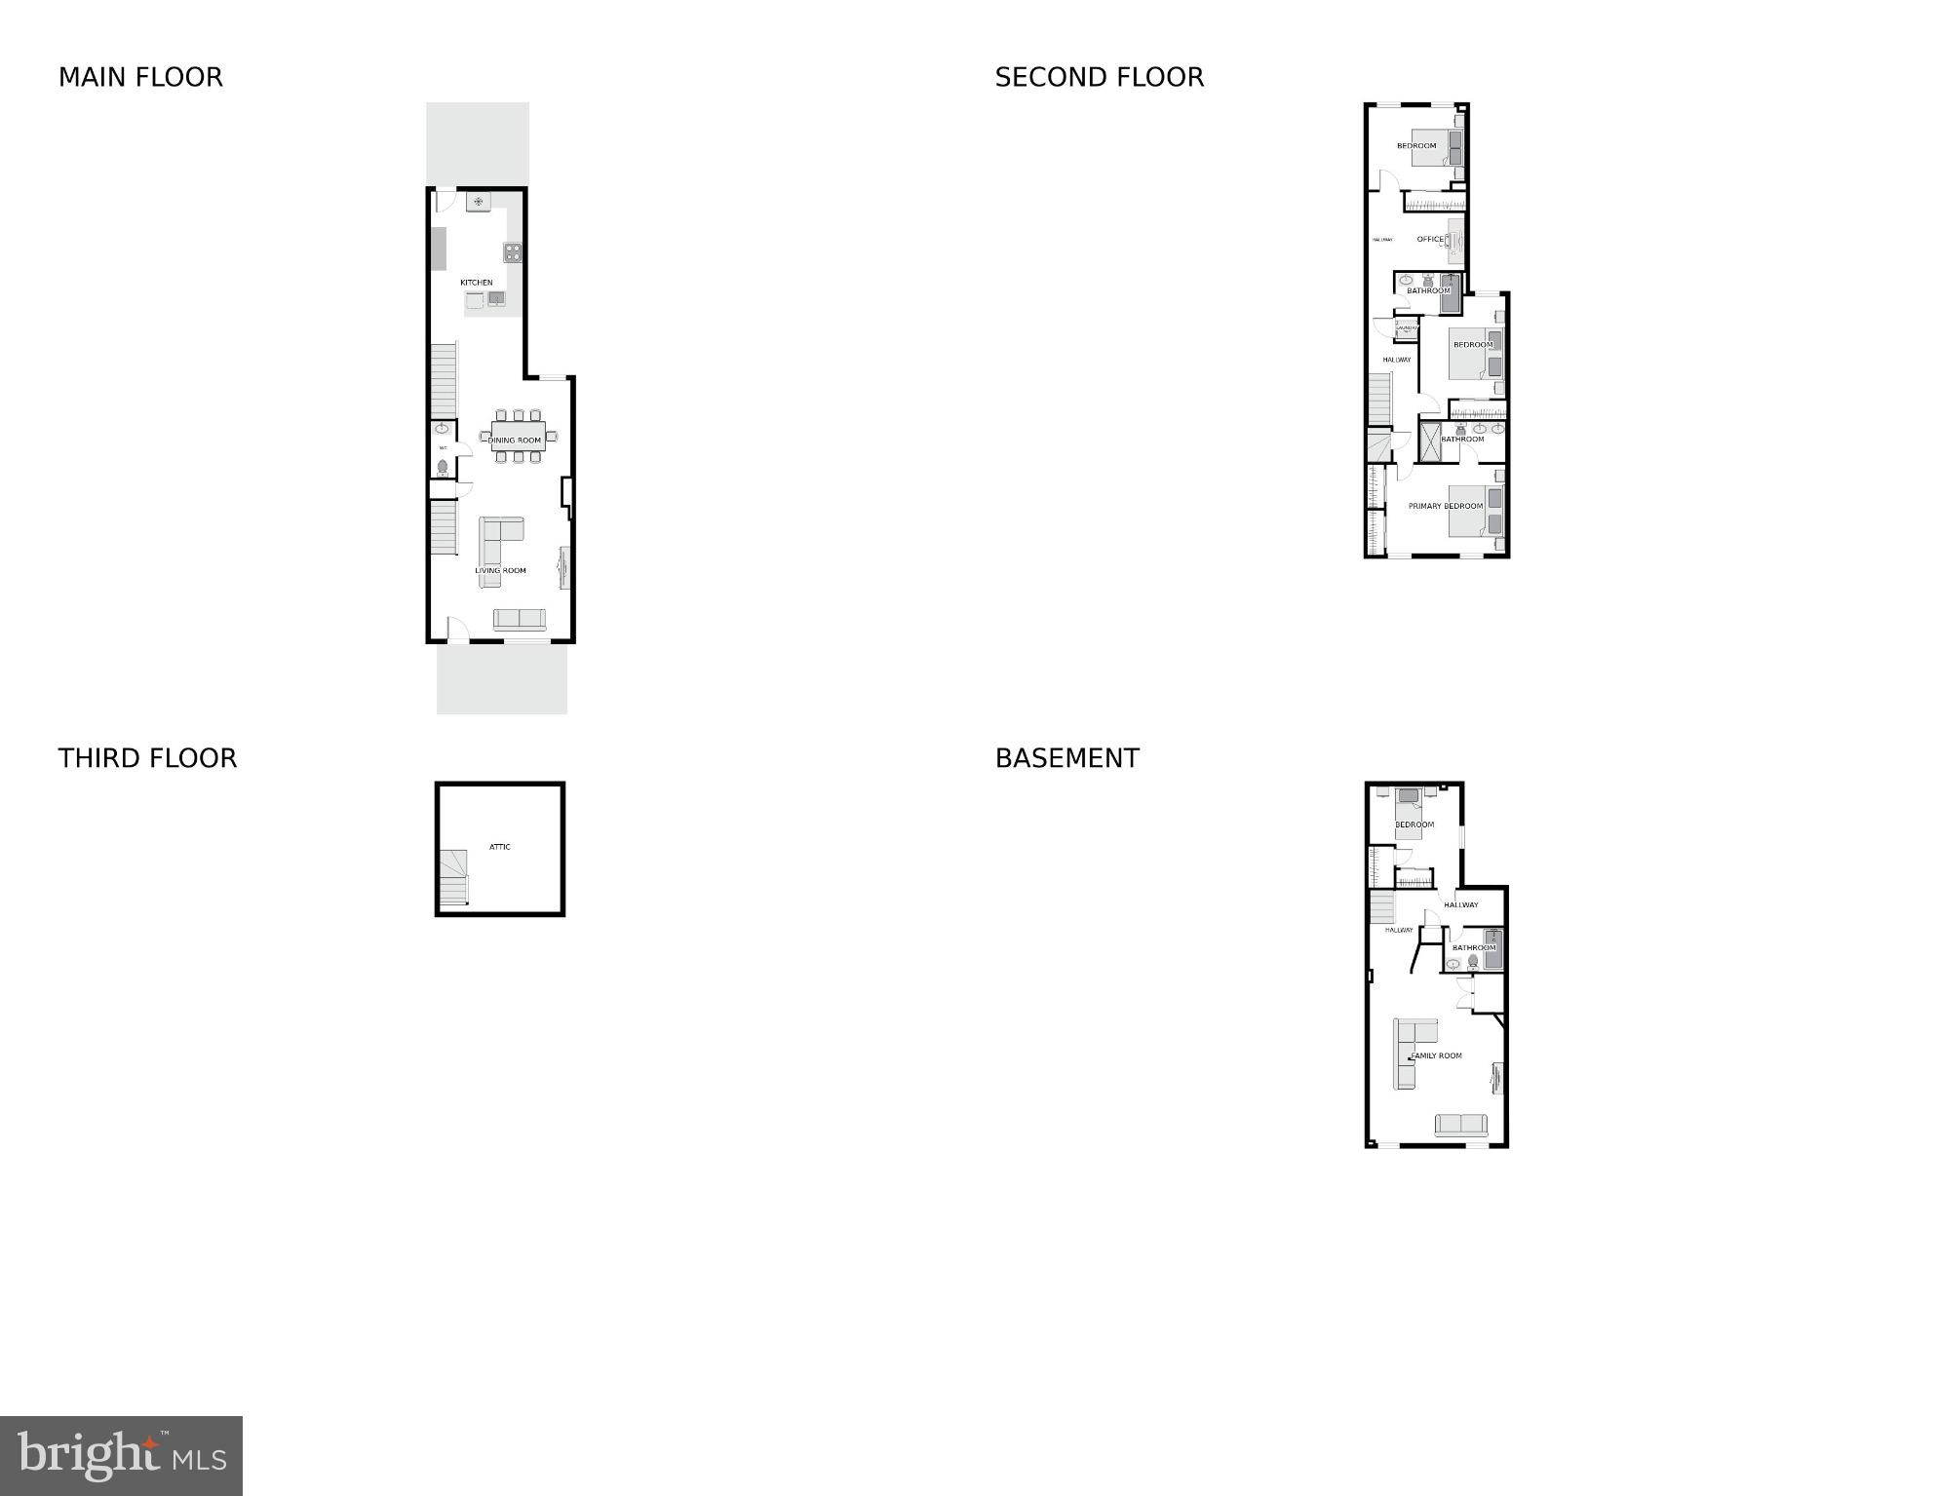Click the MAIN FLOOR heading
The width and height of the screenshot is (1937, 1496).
coord(140,77)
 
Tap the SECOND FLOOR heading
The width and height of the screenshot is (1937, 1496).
coord(1099,77)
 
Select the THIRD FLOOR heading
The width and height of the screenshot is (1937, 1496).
coord(147,758)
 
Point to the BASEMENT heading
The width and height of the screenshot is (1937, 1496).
coord(1066,758)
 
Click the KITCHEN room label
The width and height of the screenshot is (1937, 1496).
coord(477,283)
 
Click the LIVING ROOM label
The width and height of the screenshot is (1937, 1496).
coord(500,571)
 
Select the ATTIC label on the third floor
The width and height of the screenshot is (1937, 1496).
coord(499,847)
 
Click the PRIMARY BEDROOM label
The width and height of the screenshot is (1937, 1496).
coord(1445,506)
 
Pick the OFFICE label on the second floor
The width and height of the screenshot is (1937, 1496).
coord(1430,239)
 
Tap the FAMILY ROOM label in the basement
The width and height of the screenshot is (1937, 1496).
coord(1437,1055)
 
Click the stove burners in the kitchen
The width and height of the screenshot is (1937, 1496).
coord(513,252)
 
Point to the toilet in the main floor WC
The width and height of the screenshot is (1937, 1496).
coord(443,468)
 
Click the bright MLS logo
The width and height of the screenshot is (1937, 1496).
coord(121,1455)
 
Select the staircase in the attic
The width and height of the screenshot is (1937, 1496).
coord(453,876)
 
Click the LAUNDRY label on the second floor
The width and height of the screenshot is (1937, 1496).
coord(1406,327)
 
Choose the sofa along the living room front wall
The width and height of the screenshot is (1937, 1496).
coord(520,620)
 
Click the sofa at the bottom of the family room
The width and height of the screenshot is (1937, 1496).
coord(1461,1125)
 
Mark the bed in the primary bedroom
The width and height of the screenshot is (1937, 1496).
coord(1477,511)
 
